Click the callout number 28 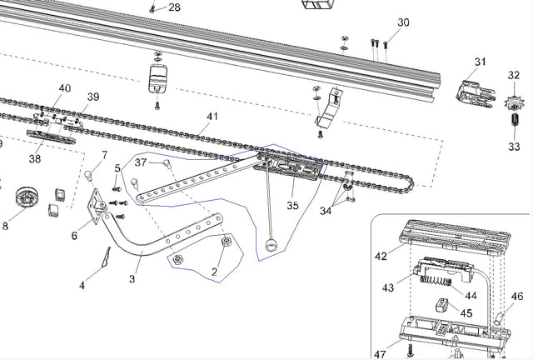[x=174, y=7]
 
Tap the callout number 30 [x=403, y=22]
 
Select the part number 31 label [x=480, y=62]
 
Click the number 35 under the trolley [x=292, y=204]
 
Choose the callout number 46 [x=516, y=296]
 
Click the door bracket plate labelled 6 [x=98, y=203]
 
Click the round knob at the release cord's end [x=269, y=245]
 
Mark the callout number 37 [x=141, y=162]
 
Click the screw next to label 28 [x=153, y=7]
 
